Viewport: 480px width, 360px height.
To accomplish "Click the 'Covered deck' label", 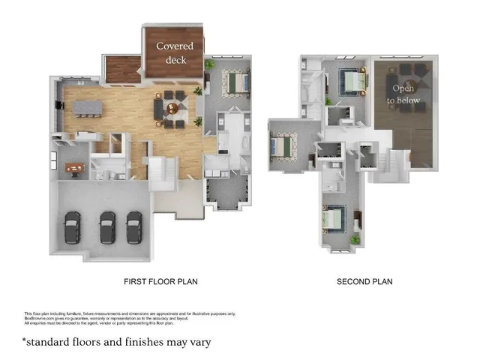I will [174, 52].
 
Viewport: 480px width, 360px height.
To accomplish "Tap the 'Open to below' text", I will [403, 94].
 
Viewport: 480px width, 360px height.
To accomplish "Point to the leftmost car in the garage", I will [72, 227].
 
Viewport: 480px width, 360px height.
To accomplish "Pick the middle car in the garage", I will [107, 227].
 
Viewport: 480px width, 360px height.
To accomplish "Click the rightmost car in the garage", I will [134, 226].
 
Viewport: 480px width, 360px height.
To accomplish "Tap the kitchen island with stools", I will [86, 109].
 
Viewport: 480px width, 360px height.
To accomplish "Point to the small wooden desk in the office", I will [73, 168].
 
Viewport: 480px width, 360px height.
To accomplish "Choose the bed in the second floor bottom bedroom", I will [333, 218].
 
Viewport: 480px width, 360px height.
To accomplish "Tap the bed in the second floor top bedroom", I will [350, 80].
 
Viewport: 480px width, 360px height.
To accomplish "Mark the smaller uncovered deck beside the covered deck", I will [123, 70].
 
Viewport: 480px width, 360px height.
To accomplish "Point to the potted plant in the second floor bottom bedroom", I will [355, 240].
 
